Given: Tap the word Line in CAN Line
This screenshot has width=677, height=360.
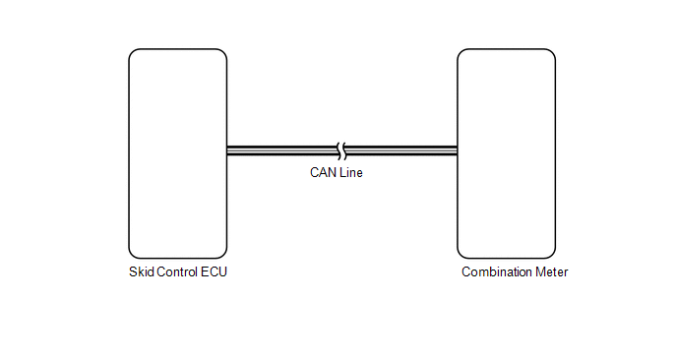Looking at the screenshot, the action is (x=351, y=173).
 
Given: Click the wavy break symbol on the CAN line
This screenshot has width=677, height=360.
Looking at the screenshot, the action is (x=341, y=150).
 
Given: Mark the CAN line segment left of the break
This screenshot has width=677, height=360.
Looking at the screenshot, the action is (x=282, y=150).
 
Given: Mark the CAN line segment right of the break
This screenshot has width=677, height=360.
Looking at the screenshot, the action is (x=401, y=150).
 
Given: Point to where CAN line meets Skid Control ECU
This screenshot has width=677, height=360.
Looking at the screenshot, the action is (x=227, y=150).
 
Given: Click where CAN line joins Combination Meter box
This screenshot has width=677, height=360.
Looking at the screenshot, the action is (x=458, y=150).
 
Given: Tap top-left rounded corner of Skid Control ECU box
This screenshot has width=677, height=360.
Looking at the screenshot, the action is (x=132, y=52).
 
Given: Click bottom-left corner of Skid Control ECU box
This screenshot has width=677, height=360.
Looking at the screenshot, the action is (x=132, y=256).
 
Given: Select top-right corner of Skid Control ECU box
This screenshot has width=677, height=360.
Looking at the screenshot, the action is (x=224, y=52).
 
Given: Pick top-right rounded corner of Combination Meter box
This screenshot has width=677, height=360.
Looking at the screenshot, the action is (x=553, y=52).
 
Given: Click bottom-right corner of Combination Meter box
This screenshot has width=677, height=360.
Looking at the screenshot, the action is (x=553, y=256).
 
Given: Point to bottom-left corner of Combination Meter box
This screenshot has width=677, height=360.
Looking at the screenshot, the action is (x=461, y=256).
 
